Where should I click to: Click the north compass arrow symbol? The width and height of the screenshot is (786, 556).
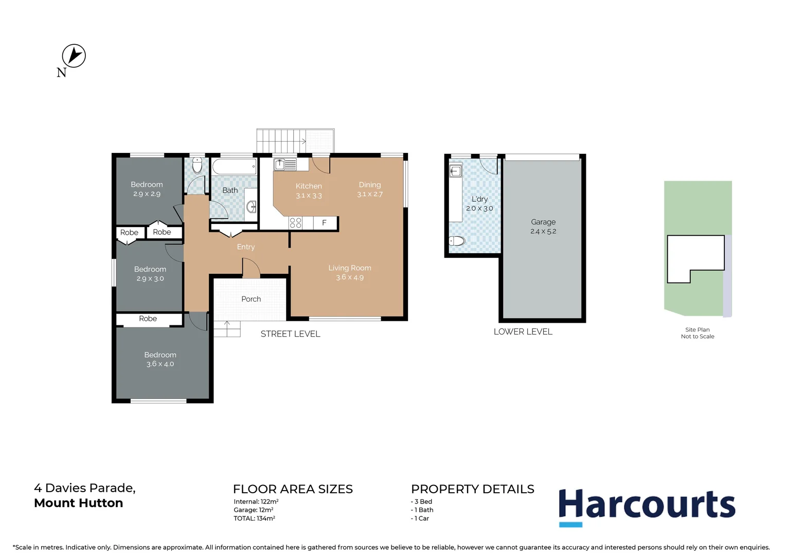click(x=74, y=56)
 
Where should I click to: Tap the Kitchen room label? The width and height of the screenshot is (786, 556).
click(x=309, y=186)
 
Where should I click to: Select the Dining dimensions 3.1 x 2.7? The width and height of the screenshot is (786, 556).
click(x=370, y=194)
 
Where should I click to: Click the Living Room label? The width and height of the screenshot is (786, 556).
click(x=350, y=268)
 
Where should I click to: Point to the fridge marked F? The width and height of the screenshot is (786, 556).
click(x=325, y=223)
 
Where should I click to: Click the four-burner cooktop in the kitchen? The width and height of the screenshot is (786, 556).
click(x=295, y=223)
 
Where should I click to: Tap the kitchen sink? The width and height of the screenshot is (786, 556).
click(x=284, y=165)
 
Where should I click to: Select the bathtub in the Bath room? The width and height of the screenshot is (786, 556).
click(x=234, y=167)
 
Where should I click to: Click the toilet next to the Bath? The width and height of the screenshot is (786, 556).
click(x=197, y=166)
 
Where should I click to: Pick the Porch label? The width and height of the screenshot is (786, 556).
click(x=251, y=299)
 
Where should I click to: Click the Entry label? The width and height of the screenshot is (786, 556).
click(x=246, y=247)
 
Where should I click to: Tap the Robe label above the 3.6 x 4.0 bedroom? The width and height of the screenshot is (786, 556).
click(x=148, y=319)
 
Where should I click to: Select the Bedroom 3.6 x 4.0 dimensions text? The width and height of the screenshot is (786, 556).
click(x=160, y=364)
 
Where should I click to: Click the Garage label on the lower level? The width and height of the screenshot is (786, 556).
click(x=543, y=222)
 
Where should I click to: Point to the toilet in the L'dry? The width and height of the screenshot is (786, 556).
click(x=457, y=240)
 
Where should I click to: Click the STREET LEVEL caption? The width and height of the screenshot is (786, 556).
click(x=290, y=334)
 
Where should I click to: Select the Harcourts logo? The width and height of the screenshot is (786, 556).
click(x=647, y=506)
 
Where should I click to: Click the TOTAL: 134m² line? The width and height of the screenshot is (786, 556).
click(x=254, y=518)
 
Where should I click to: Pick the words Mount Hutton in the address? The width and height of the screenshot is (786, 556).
click(x=79, y=503)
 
